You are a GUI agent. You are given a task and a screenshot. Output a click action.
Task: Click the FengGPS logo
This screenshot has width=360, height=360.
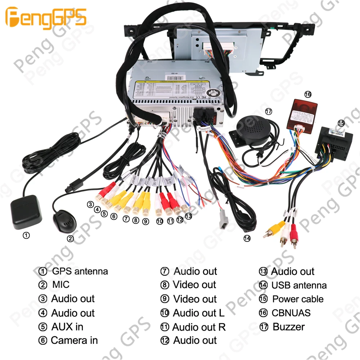(x=46, y=17)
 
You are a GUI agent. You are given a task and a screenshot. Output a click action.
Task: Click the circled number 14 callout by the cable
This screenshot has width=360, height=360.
(x=247, y=238)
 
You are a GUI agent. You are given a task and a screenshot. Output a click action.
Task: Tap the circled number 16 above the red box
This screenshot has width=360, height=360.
(x=307, y=94)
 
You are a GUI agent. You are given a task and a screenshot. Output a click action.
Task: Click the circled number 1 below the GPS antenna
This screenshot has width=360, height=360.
(x=26, y=236)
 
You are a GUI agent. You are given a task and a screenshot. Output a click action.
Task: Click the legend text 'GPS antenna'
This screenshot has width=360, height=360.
(x=80, y=271)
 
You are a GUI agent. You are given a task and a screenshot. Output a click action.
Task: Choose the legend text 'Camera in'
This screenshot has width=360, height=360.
(x=74, y=340)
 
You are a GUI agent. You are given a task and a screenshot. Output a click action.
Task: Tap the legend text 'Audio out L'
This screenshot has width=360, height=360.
(x=198, y=313)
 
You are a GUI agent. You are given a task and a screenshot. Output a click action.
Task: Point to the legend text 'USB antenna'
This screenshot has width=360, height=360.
(x=299, y=285)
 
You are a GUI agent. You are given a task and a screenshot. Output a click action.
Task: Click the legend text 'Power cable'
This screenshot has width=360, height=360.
(x=298, y=299)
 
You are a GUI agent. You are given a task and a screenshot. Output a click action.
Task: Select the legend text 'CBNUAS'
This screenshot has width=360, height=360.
(x=291, y=313)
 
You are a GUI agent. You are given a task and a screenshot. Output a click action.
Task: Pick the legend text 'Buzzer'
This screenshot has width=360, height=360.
(x=288, y=327)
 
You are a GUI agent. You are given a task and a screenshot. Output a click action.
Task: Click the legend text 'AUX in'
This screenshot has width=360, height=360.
(x=67, y=327)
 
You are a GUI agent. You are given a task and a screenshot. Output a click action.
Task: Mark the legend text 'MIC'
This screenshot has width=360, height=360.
(x=60, y=285)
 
